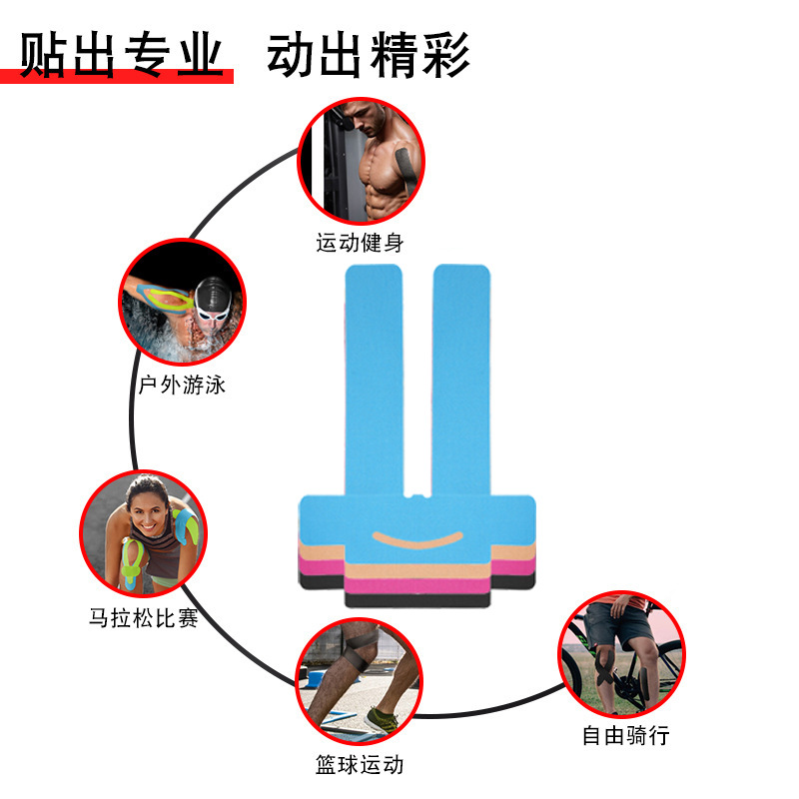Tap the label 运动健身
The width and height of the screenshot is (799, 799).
361,243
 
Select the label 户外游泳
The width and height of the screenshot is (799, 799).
182,385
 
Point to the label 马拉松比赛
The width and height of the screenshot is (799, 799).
143,619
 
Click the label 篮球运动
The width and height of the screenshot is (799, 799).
360,766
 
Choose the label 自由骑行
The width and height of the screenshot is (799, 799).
626,736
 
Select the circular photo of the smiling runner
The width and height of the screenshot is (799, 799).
143,533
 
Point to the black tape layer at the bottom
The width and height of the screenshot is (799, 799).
417,598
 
